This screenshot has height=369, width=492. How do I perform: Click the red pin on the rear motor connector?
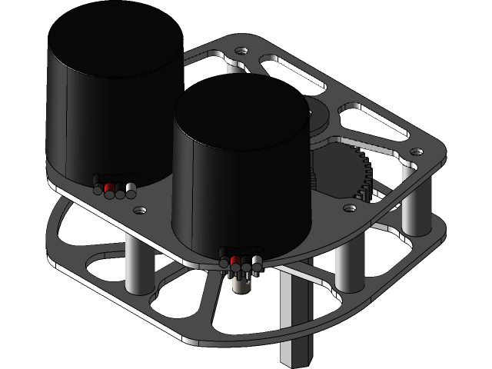tap(109, 188)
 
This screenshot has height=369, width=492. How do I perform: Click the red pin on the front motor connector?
tap(235, 261)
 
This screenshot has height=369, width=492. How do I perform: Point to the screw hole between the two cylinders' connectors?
tap(139, 208)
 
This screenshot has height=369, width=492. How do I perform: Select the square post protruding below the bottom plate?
tap(296, 323)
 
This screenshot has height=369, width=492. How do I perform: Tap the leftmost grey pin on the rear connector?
tap(98, 188)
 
